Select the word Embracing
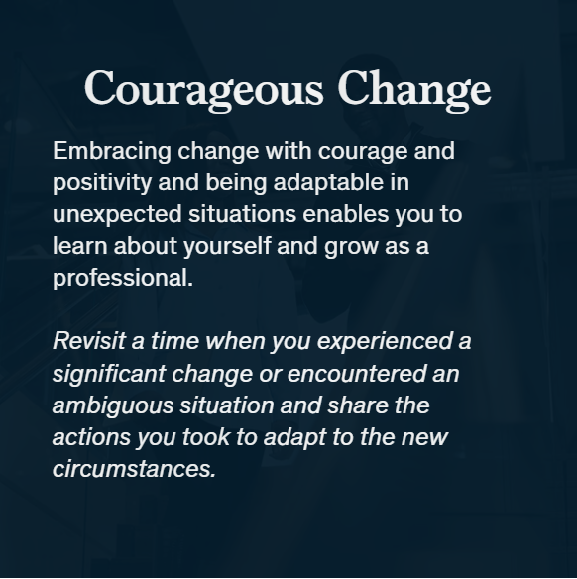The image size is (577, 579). (x=112, y=152)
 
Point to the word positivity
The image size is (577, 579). (x=102, y=182)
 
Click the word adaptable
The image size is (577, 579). (x=328, y=182)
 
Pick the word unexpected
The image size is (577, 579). (x=117, y=215)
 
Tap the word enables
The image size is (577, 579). (x=346, y=214)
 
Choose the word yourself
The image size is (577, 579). (x=227, y=246)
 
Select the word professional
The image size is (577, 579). (x=123, y=278)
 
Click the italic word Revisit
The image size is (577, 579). (x=89, y=340)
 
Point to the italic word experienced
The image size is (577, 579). (x=385, y=342)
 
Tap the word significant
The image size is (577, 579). (x=109, y=374)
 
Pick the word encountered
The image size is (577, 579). (x=356, y=373)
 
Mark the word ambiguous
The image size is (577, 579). (x=113, y=405)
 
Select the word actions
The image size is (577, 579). (x=91, y=437)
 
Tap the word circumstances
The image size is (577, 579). (x=134, y=469)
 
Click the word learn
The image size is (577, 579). (x=79, y=246)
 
